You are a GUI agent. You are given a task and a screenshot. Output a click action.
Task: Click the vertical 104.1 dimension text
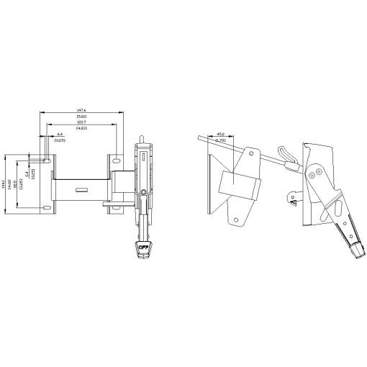click(x=4, y=183)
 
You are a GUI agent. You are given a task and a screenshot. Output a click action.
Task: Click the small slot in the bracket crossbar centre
click(x=81, y=189)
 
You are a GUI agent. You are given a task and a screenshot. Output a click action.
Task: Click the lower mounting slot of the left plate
click(x=46, y=207)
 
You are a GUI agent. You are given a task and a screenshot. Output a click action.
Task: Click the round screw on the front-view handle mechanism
click(x=145, y=191)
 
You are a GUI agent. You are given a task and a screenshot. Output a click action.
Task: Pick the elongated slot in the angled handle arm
click(x=338, y=209)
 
